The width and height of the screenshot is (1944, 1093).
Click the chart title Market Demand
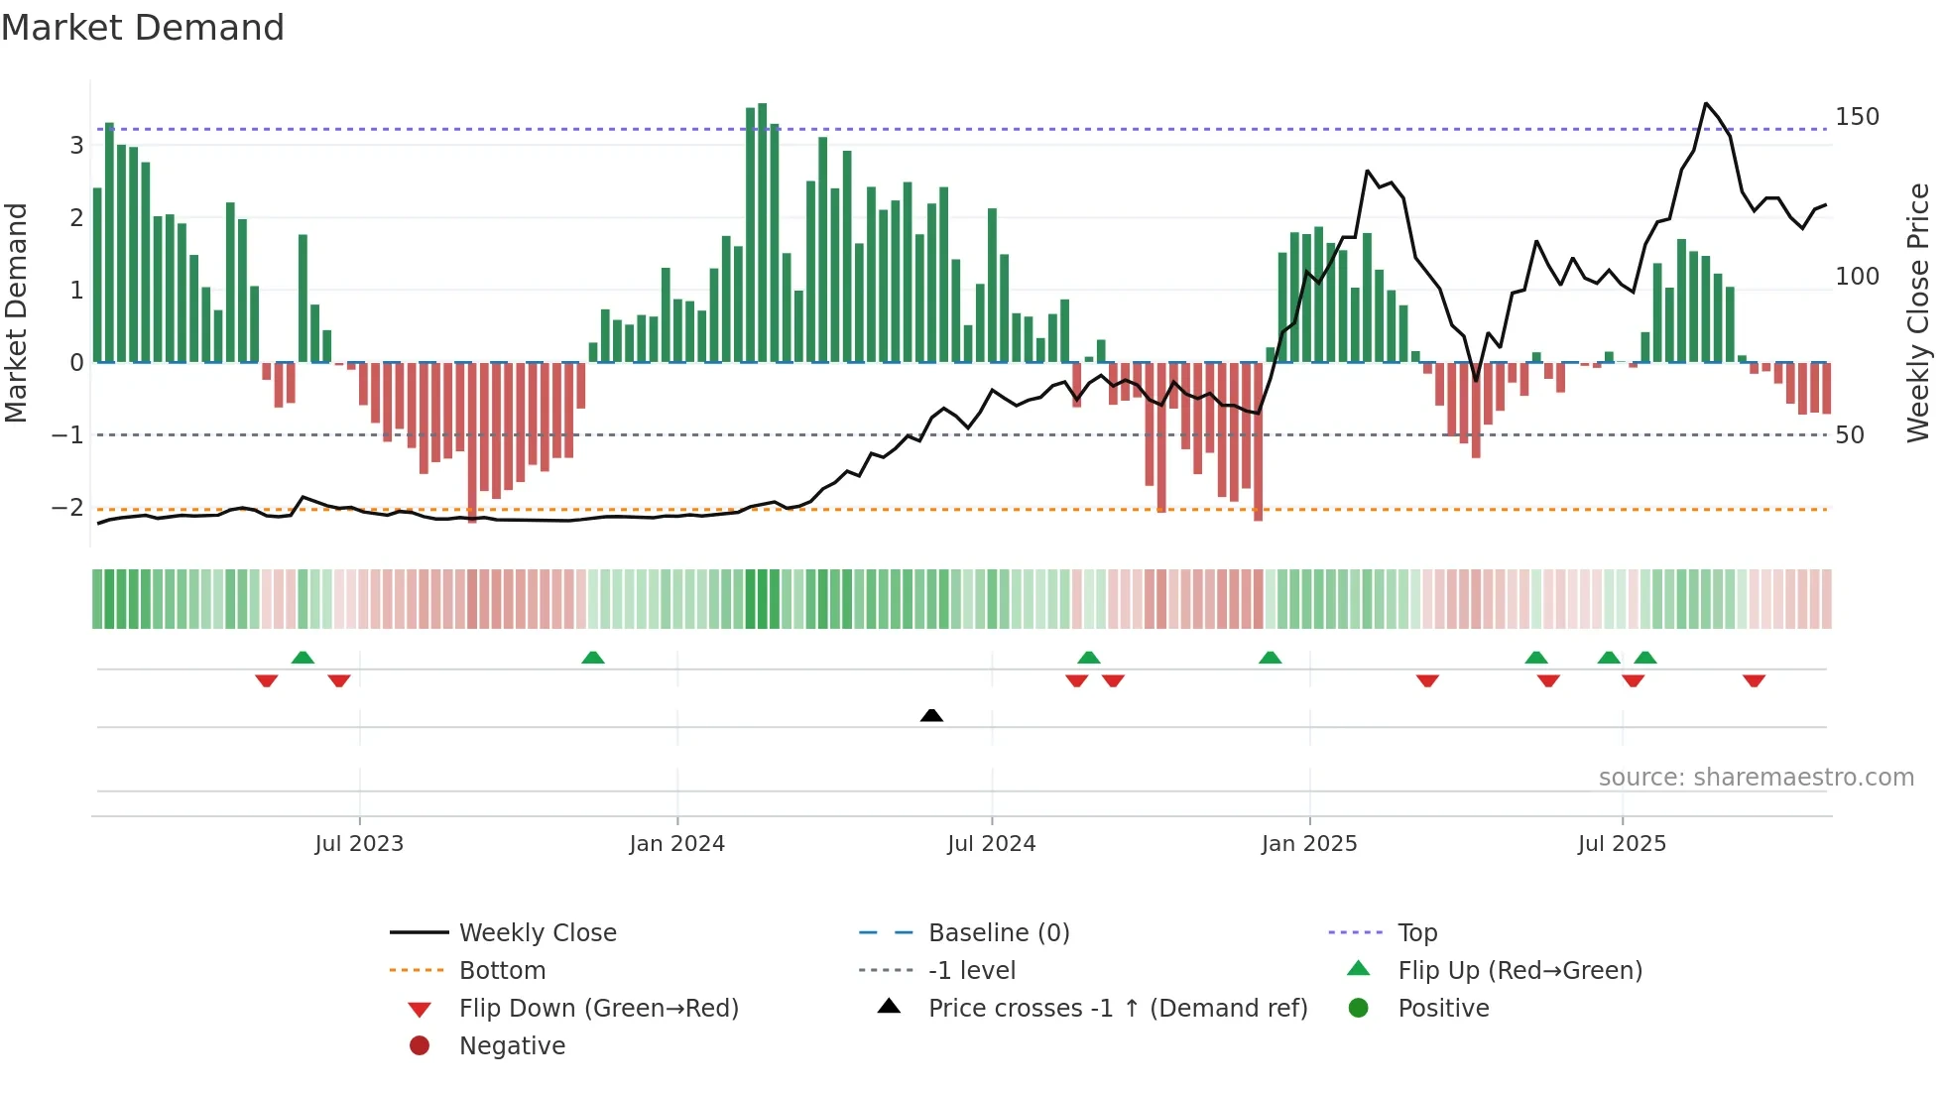coord(143,28)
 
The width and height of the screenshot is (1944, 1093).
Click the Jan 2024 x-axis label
coord(676,844)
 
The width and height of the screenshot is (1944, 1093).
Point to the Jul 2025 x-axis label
coord(1622,844)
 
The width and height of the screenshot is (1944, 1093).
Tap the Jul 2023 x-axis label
coord(359,844)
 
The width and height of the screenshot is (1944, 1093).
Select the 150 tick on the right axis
coord(1857,117)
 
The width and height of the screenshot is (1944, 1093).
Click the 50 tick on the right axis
coord(1849,435)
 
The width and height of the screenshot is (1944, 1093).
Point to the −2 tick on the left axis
coord(67,508)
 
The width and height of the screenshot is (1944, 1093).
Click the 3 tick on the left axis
coord(76,146)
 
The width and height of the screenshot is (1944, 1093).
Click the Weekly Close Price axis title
coord(1918,312)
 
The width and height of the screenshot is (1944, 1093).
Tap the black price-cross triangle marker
coord(931,715)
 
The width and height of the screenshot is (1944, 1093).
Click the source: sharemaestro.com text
coord(1756,778)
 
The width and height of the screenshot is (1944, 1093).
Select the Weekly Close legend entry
coord(537,933)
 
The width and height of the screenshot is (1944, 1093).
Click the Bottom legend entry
coord(502,971)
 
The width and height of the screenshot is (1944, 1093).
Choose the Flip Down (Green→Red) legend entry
coord(598,1009)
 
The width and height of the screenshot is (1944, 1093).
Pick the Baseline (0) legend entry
coord(998,933)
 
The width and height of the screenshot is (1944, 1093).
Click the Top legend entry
coord(1416,933)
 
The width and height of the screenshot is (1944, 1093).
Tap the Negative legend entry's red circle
coord(420,1046)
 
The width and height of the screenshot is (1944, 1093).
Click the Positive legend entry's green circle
coord(1359,1009)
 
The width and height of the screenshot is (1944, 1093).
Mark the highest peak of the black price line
coord(1706,103)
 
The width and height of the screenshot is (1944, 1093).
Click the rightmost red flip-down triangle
coord(1754,680)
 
